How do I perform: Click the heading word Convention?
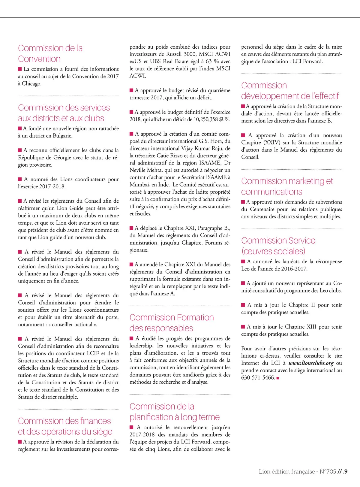(39, 59)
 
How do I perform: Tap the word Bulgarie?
(62, 136)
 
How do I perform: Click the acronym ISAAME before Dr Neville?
(210, 163)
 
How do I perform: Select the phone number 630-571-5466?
(258, 377)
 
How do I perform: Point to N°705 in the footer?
(328, 472)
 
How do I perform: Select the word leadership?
(141, 346)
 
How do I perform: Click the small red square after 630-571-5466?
(278, 378)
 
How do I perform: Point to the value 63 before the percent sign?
(208, 61)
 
